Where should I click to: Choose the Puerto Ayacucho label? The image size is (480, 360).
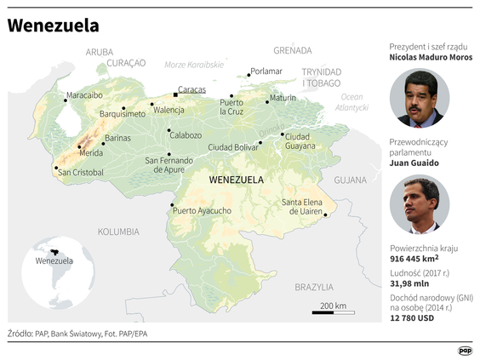coord(202,210)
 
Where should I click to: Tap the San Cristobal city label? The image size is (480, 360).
coord(81,172)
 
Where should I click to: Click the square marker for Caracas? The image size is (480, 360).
coord(175,94)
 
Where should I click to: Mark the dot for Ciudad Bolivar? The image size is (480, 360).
coord(260,142)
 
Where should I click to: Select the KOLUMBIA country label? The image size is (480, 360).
coord(118,231)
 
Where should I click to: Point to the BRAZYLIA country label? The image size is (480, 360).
coord(314,287)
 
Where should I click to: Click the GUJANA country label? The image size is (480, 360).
coord(350,180)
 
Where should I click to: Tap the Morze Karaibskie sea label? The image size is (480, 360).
coord(193,65)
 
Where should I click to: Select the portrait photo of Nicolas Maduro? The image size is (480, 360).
coord(419,98)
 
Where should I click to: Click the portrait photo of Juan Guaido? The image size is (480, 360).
coord(419,204)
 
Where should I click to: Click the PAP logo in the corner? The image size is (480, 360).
coord(465,349)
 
